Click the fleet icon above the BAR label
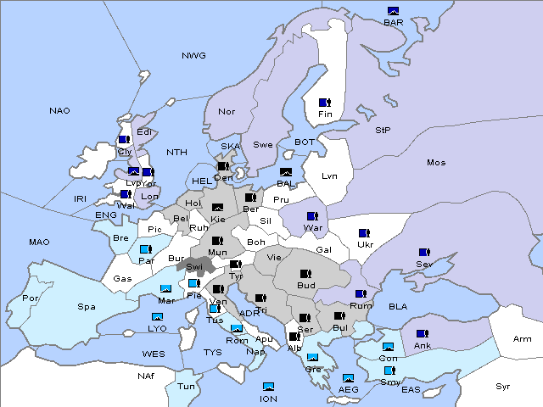click(393, 11)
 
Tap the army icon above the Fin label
click(324, 103)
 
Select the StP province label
click(383, 131)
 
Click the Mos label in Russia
click(436, 162)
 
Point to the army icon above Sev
click(423, 252)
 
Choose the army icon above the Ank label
click(422, 334)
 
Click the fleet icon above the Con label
click(388, 348)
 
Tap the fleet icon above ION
click(269, 387)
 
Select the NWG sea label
click(193, 56)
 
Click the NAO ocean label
click(59, 111)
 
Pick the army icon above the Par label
click(145, 249)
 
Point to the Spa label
click(86, 306)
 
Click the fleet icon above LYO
click(156, 317)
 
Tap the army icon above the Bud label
click(305, 274)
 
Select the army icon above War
click(312, 215)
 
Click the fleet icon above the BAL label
click(286, 172)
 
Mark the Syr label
click(503, 386)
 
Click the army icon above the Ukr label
click(364, 233)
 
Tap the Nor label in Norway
click(227, 112)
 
